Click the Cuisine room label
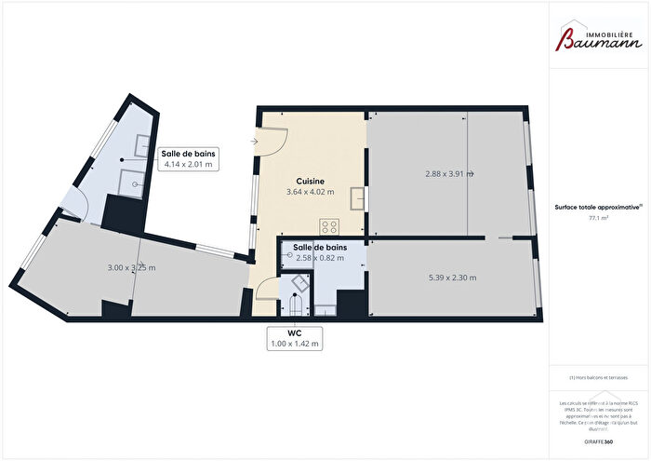(310, 181)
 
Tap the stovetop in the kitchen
(329, 226)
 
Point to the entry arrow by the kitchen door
(255, 142)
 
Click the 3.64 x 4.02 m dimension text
(310, 193)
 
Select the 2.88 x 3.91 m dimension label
(450, 173)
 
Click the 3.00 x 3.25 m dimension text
(131, 268)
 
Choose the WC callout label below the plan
(295, 332)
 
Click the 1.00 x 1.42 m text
(295, 344)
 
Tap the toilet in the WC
(296, 303)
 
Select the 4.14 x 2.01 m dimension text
(189, 165)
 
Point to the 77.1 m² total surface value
(597, 219)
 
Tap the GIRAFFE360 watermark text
(597, 439)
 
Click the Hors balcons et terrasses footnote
(599, 377)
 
